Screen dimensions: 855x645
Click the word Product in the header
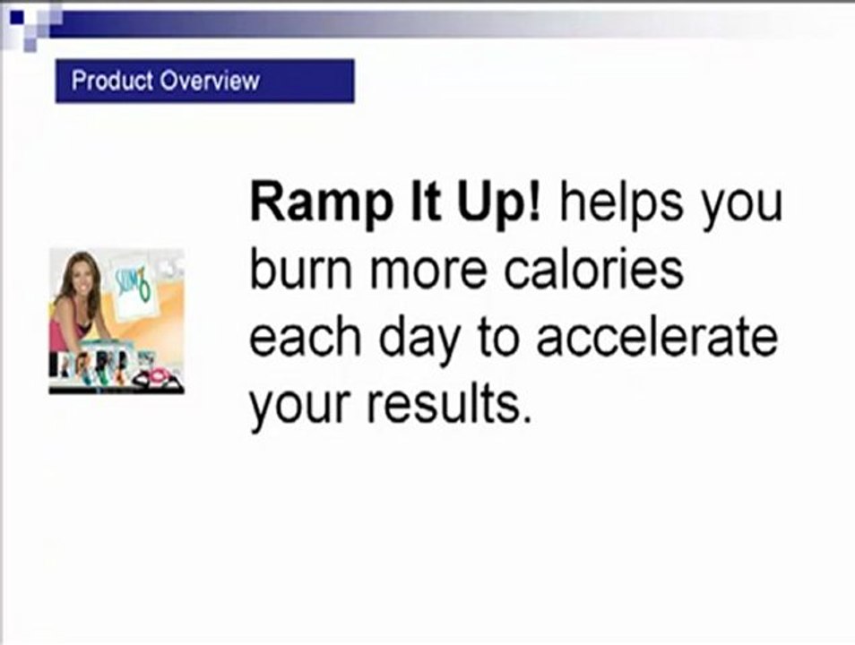point(112,80)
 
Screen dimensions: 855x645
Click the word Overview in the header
point(210,81)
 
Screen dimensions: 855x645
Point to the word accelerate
point(657,337)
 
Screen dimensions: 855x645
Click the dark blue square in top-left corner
point(16,17)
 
